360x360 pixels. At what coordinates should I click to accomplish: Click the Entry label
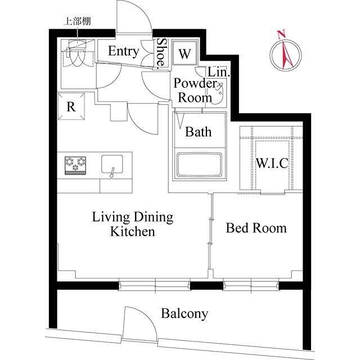pos(124,51)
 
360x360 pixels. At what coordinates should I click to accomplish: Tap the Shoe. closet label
pos(161,54)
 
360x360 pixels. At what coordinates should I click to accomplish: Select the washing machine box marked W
pos(184,53)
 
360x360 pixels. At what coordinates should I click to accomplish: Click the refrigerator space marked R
pos(71,106)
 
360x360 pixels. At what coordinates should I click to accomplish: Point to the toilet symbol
pos(75,53)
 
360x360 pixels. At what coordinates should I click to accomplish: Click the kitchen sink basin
pos(112,164)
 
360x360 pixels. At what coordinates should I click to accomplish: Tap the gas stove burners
pos(75,165)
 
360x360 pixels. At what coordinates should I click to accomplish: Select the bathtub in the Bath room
pos(199,165)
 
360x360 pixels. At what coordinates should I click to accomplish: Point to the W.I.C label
pos(272,163)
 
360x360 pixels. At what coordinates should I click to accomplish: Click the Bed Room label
pos(256,228)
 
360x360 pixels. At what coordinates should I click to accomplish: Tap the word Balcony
pos(184,314)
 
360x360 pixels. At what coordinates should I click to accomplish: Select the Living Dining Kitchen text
pos(133,224)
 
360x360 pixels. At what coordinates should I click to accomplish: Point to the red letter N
pos(281,34)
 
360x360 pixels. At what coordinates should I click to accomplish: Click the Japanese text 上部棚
pos(77,21)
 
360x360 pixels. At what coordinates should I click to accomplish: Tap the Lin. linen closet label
pos(219,73)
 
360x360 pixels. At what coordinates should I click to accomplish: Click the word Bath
pos(199,132)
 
